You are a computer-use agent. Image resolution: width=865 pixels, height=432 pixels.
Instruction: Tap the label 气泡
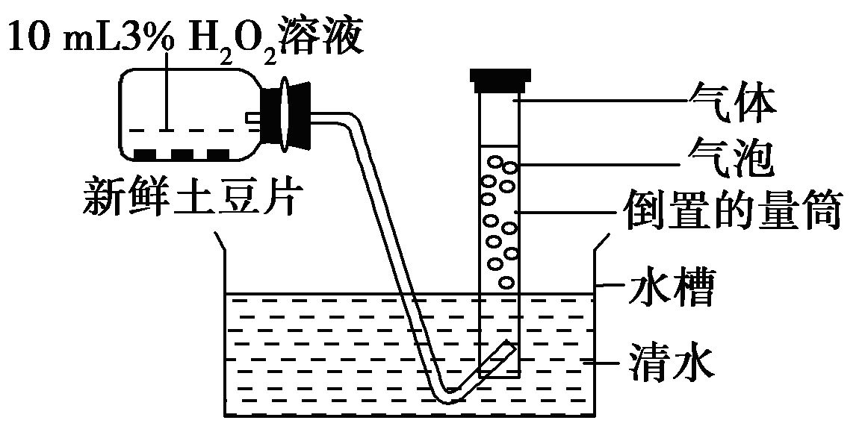pyautogui.click(x=728, y=159)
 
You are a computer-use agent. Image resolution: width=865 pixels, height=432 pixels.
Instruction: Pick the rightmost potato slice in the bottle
pyautogui.click(x=217, y=154)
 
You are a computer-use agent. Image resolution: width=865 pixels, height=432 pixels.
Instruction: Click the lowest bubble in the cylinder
pyautogui.click(x=506, y=283)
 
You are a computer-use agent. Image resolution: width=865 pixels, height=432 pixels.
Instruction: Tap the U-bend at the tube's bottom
pyautogui.click(x=448, y=397)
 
